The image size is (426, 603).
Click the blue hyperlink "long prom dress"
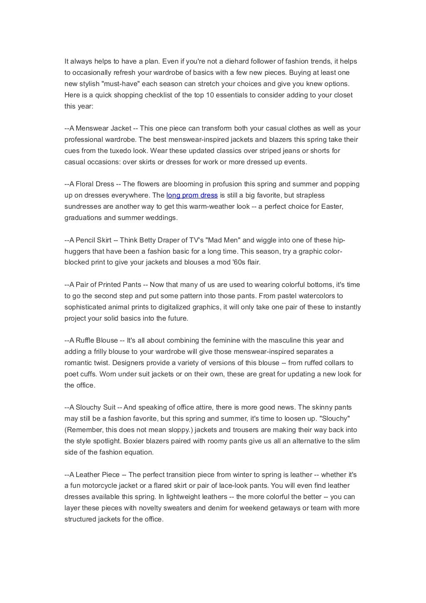[x=192, y=195]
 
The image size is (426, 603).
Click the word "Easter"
[x=332, y=206]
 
